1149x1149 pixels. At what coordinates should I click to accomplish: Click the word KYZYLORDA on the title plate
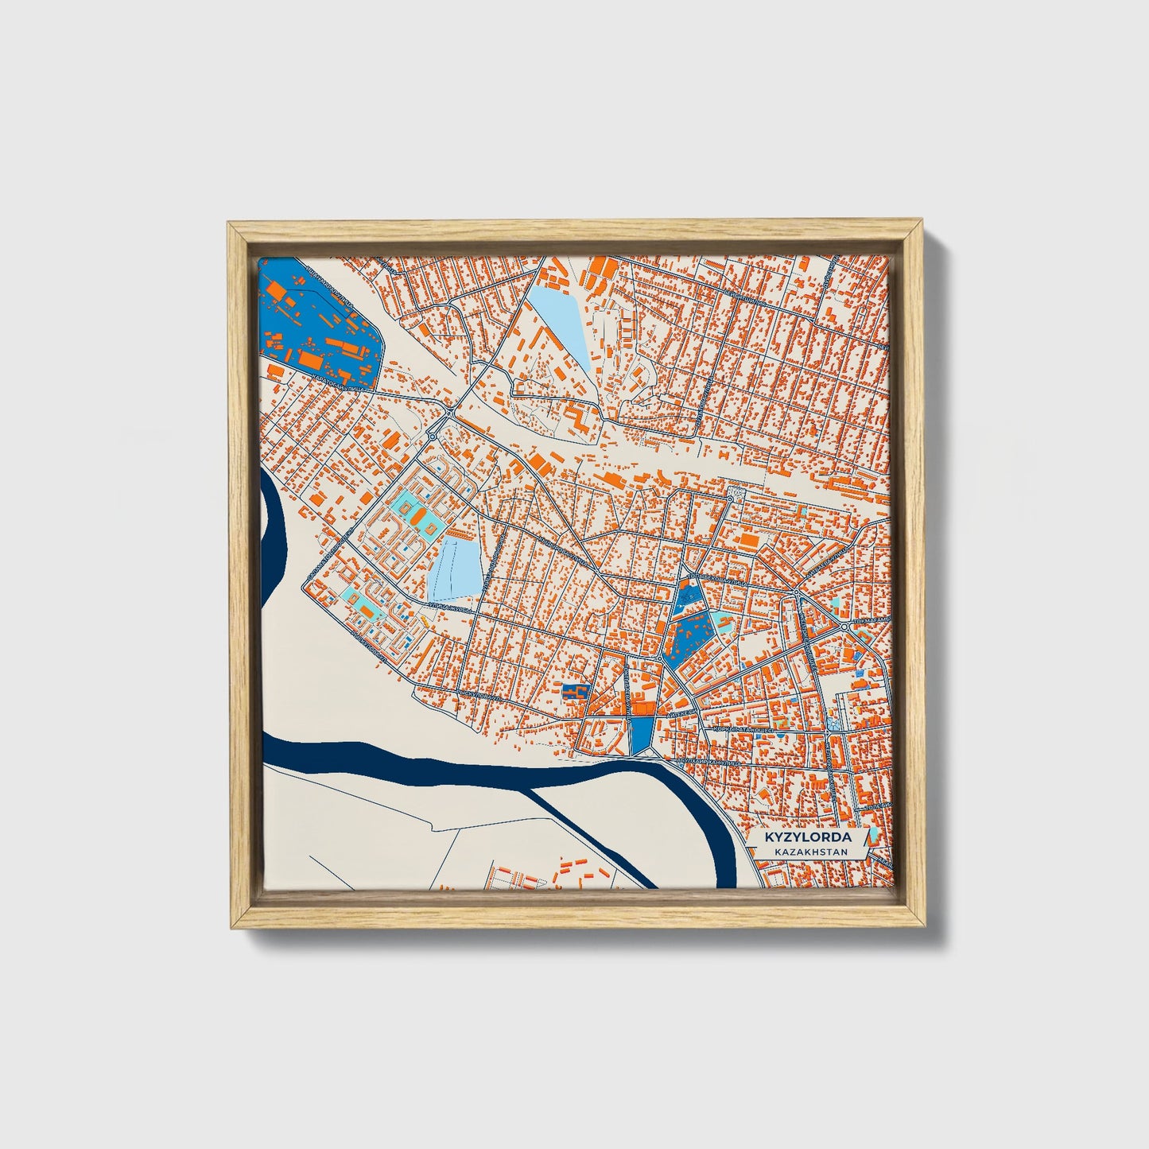point(808,837)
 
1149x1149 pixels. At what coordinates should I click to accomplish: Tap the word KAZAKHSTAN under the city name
point(808,852)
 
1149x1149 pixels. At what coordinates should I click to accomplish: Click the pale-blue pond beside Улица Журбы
point(455,568)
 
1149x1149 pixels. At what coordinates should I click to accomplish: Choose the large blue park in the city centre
point(689,637)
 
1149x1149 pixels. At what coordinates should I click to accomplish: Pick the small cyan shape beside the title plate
point(873,835)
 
